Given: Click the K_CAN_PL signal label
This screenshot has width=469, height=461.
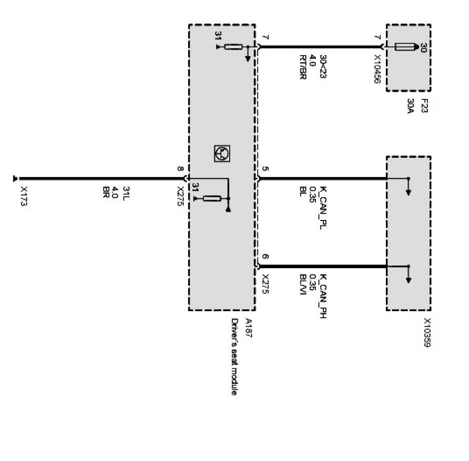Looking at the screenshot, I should pos(323,208).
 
